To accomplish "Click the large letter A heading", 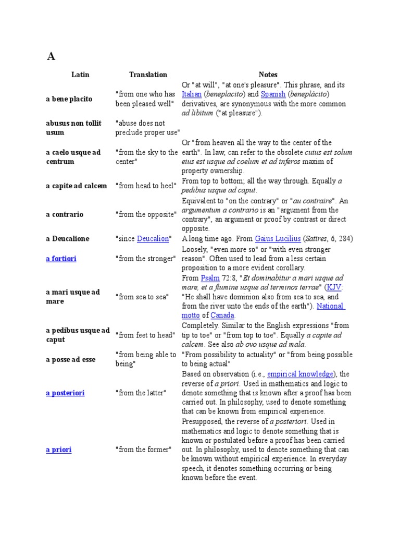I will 51,57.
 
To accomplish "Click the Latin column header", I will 80,75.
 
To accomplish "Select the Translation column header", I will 148,75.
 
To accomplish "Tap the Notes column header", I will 268,75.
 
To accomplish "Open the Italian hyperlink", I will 191,94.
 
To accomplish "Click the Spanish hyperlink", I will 273,94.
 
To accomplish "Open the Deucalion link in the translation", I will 153,238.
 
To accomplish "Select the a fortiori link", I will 61,259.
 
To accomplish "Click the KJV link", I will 334,287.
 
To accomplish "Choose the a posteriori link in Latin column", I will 65,393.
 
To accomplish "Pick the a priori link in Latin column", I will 58,450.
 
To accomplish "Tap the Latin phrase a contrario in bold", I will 65,214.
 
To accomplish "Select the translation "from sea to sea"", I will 142,297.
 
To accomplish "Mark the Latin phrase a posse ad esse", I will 70,360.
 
